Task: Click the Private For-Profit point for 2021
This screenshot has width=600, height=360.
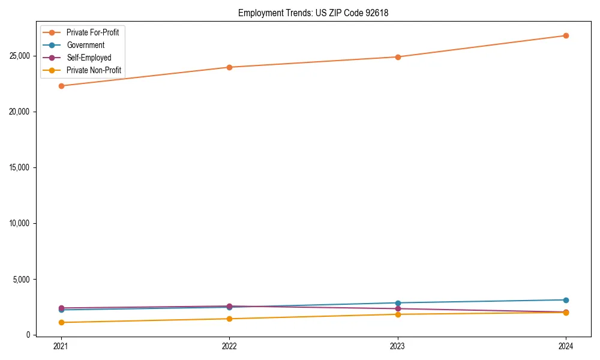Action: (61, 86)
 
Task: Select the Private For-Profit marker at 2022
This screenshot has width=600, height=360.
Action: (229, 67)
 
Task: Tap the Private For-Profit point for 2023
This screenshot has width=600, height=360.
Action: (398, 57)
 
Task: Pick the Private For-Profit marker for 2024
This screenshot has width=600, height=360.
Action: (566, 35)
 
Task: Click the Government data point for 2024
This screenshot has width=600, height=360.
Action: (566, 300)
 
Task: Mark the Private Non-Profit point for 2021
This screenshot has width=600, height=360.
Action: (61, 322)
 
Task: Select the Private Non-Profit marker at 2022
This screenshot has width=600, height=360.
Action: (229, 319)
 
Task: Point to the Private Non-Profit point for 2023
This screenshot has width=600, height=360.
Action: (398, 314)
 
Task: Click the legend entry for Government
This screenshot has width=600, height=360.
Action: (85, 45)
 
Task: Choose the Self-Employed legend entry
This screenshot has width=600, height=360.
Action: (89, 58)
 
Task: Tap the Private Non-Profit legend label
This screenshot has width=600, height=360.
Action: (94, 70)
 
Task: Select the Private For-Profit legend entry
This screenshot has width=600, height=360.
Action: (92, 32)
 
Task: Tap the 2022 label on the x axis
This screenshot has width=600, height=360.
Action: (229, 346)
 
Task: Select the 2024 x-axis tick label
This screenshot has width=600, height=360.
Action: (566, 346)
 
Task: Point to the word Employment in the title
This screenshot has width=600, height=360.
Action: (258, 13)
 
